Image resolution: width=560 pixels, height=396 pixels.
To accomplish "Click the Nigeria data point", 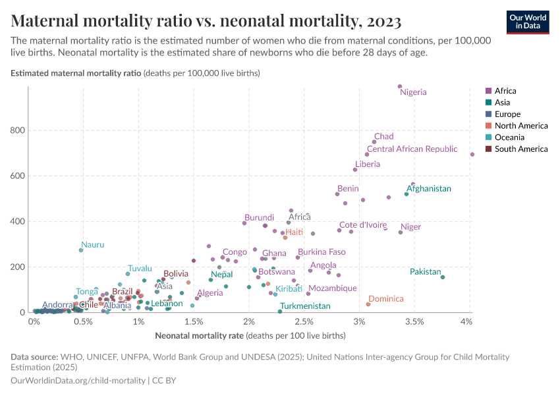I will coord(400,86).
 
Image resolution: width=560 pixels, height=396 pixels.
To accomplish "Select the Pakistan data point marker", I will coord(443,277).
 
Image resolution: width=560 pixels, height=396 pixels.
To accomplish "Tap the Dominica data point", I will coord(368,304).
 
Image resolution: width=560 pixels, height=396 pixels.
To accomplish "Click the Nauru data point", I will coord(81,250).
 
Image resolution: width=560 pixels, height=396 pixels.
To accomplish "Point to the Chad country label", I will coord(383,137).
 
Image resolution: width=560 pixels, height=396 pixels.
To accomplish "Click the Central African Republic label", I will coord(412,149).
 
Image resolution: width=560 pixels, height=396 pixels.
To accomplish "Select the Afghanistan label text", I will coord(428,188).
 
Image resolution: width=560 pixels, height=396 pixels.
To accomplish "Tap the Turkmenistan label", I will coord(305,306).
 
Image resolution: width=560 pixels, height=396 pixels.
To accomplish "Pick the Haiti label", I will coord(294,232).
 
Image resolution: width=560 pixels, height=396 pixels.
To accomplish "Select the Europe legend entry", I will coord(508,114).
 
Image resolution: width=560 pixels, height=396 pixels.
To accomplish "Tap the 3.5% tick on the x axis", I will coord(414,322).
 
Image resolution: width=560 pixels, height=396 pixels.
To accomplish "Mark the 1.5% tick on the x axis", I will coord(193,322).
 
